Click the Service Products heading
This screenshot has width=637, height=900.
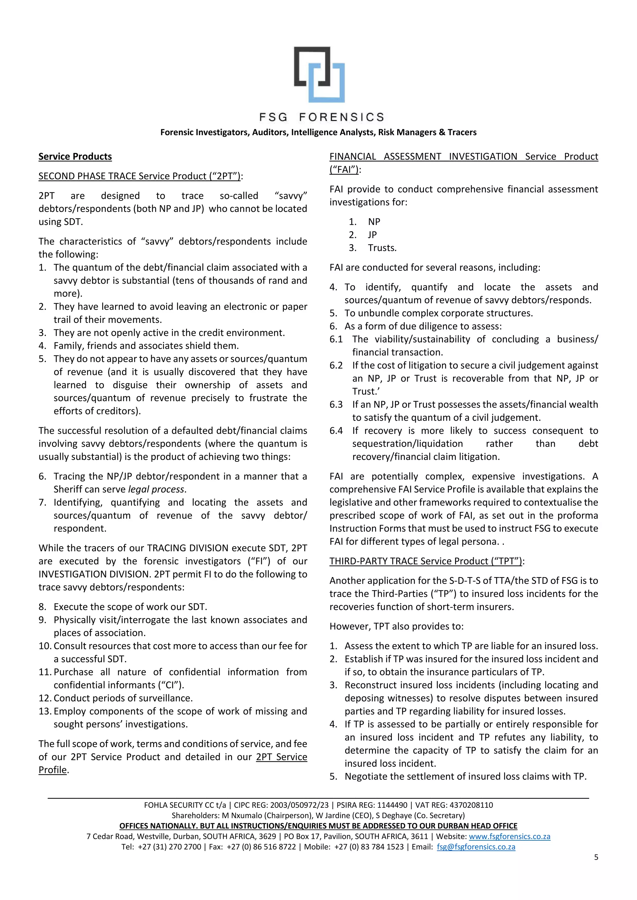(75, 156)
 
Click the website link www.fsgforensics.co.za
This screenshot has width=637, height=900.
(509, 836)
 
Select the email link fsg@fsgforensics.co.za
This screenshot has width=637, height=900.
(476, 846)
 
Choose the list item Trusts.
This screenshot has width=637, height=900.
(382, 248)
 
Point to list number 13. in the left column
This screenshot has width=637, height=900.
(45, 711)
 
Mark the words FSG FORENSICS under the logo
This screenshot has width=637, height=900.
(322, 117)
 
